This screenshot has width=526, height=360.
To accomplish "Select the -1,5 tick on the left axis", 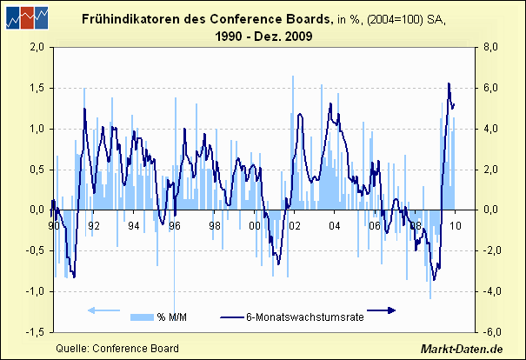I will [36, 332].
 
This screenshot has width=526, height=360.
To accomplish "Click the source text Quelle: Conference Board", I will [117, 349].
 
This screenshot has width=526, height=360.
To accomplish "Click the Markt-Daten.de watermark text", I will [463, 349].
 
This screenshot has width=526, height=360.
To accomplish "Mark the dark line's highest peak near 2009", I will [449, 83].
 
